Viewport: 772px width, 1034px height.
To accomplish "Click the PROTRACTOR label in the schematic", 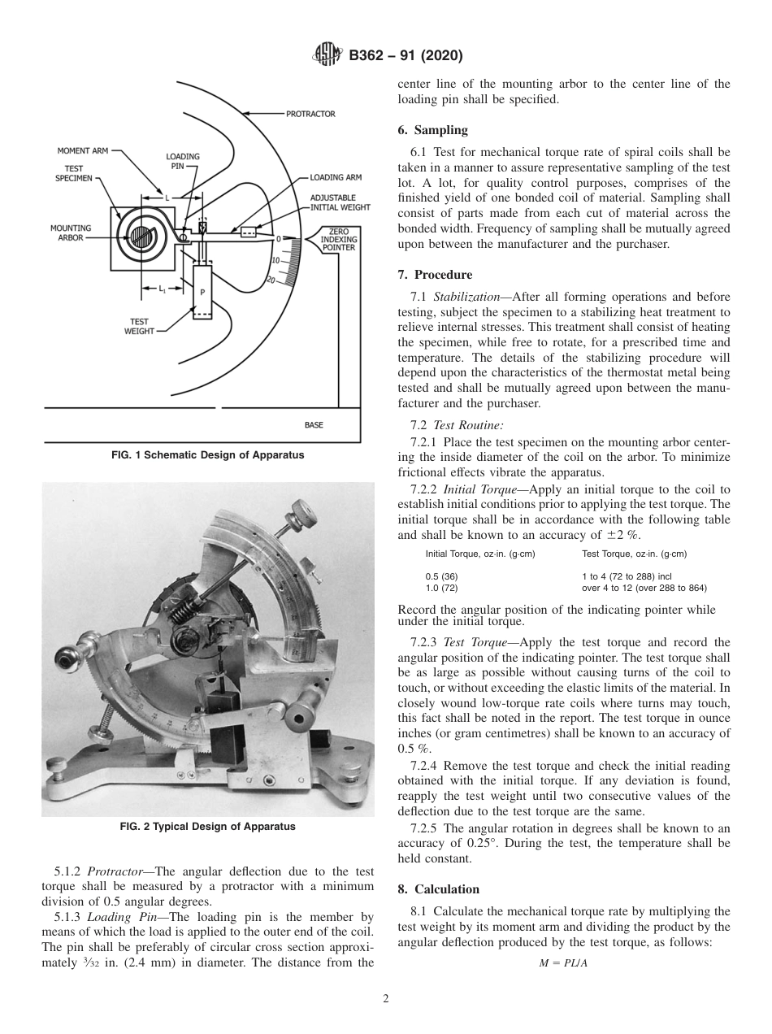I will (x=310, y=115).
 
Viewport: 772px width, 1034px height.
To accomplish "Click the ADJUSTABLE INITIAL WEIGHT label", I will (x=340, y=202).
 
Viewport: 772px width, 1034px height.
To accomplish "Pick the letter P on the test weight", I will (x=202, y=292).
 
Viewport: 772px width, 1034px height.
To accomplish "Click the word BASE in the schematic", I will (x=314, y=424).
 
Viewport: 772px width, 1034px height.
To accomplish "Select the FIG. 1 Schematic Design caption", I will (x=207, y=455).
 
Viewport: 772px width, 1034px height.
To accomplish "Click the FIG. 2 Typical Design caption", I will (x=207, y=827).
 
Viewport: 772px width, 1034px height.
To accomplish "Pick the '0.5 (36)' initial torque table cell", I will (x=442, y=576).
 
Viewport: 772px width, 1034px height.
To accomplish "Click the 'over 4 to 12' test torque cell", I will (x=644, y=587).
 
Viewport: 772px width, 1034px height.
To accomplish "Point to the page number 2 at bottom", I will (x=386, y=999).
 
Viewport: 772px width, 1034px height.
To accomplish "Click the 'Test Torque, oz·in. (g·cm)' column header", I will (x=634, y=554).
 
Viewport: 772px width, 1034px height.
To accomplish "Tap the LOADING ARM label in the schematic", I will (x=336, y=176).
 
